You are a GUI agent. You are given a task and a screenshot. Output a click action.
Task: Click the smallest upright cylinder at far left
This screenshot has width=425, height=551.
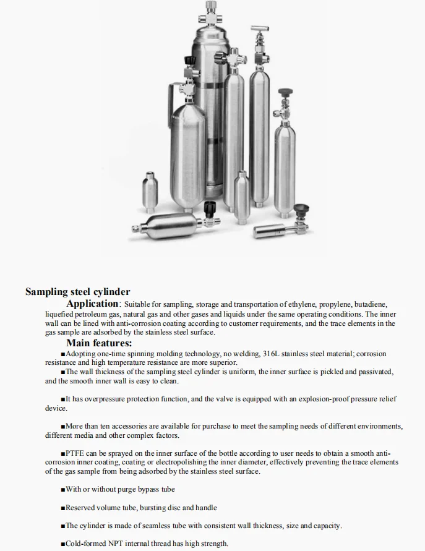[148, 188]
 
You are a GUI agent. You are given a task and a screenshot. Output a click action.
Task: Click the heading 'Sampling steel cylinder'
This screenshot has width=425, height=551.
[77, 291]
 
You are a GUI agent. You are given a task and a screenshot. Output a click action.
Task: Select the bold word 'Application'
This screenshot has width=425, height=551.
[92, 304]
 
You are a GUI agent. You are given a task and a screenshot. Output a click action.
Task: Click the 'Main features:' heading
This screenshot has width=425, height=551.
[99, 343]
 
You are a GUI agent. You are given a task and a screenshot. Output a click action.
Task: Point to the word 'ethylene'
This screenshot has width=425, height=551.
[305, 305]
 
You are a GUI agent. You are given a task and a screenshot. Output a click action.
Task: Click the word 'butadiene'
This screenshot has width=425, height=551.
[370, 305]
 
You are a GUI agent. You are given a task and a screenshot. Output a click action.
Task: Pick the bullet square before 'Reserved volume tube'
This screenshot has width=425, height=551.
[63, 508]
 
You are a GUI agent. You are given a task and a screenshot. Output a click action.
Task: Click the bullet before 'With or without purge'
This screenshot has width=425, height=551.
[63, 490]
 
